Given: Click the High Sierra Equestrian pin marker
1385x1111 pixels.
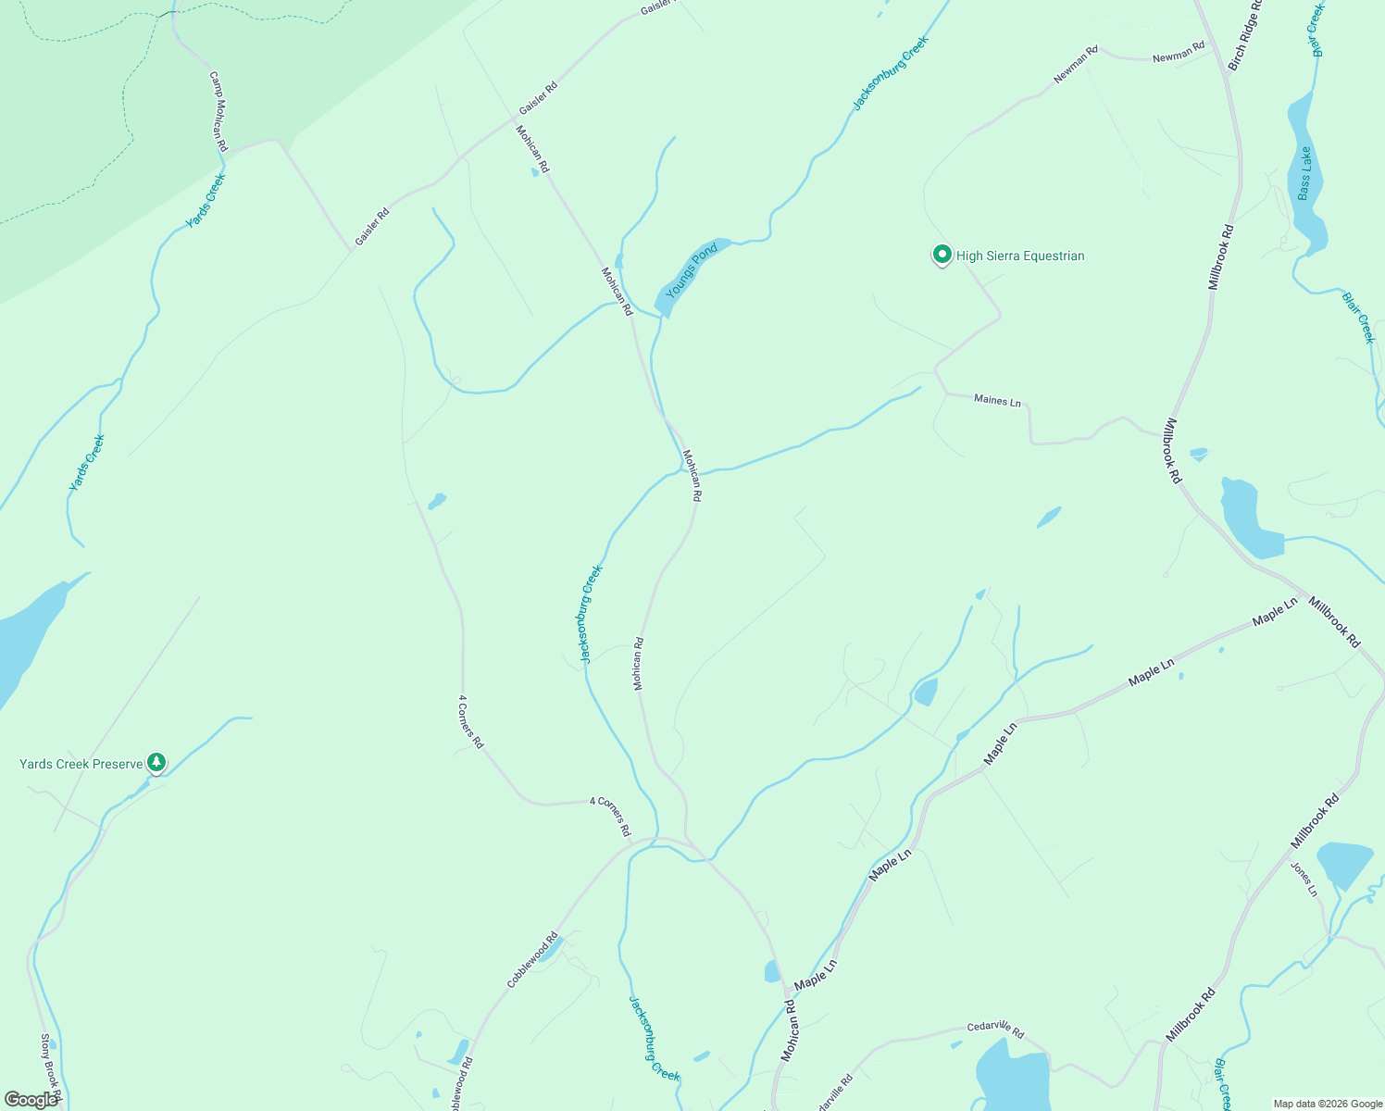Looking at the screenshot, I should [942, 255].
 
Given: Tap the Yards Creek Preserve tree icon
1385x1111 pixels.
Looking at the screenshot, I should [156, 763].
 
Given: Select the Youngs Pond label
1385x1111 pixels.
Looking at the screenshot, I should [692, 270].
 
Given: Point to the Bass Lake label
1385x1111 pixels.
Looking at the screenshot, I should [1304, 173].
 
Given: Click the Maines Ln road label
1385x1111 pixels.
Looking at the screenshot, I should [997, 401].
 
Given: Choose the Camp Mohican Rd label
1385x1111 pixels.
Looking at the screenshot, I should [218, 112].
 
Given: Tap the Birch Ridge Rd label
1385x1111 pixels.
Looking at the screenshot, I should [1245, 35].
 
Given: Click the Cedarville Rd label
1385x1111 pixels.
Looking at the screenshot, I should [995, 1028].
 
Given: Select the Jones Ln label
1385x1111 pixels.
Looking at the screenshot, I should [1304, 879].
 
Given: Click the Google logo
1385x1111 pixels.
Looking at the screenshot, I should [31, 1099].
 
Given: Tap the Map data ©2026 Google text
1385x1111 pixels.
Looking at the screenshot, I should [1328, 1104].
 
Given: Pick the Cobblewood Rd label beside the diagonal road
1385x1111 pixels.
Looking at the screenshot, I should [532, 960].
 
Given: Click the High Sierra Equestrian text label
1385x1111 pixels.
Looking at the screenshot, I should [1020, 256].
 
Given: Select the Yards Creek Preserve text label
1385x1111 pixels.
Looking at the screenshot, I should [81, 764].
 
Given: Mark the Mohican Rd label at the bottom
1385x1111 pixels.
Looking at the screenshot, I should [789, 1030].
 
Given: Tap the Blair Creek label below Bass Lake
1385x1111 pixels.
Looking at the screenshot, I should [1359, 317].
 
